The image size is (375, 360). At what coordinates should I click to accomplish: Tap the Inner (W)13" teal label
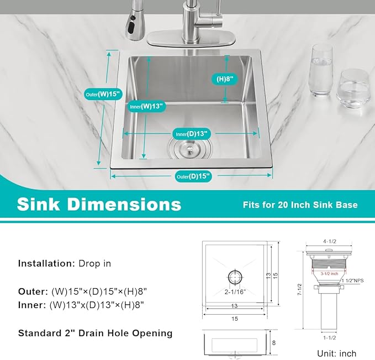tap(146, 106)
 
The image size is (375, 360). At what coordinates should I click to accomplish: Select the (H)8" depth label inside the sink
tap(224, 79)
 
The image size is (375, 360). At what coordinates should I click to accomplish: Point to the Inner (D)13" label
tap(192, 133)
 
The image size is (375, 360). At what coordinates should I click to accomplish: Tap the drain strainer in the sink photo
tap(186, 149)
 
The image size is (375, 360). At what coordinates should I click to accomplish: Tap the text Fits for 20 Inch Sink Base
tap(300, 205)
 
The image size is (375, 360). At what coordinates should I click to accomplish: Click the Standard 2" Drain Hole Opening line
tap(95, 333)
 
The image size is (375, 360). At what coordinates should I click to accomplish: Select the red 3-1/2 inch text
tap(329, 273)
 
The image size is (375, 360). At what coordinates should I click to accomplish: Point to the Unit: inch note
tap(336, 353)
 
